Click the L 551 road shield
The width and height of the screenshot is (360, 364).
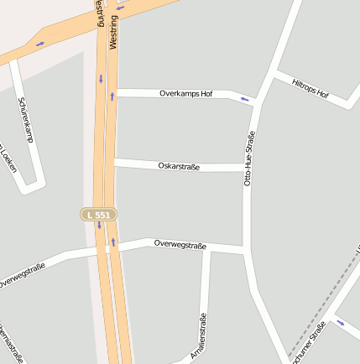tap(98, 215)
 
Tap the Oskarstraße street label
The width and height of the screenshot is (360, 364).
tap(179, 166)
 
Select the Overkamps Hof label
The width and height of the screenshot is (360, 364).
tap(185, 93)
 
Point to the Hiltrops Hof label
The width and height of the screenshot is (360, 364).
tap(310, 88)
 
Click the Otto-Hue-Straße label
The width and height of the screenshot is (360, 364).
tap(248, 157)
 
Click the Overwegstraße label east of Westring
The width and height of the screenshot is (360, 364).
tap(180, 244)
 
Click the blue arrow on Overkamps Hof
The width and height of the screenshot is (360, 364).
tap(244, 100)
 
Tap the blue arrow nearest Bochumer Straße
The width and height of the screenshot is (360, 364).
tap(340, 322)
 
